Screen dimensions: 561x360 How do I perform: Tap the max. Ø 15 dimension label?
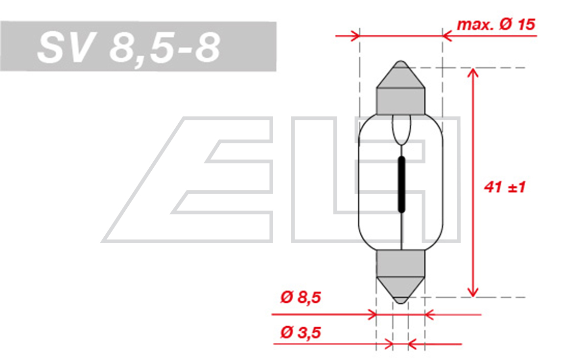coord(496,24)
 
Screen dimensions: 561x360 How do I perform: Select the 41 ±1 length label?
coord(505,187)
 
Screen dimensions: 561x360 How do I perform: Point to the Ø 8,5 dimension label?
coord(301,297)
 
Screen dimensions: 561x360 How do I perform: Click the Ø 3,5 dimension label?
coord(301,333)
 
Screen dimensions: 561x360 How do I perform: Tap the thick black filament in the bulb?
coord(401,184)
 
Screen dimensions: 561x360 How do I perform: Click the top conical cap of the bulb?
coord(401,74)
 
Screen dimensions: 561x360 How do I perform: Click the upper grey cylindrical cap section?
coord(401,101)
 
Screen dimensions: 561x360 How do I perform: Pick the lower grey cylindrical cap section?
coord(401,263)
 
